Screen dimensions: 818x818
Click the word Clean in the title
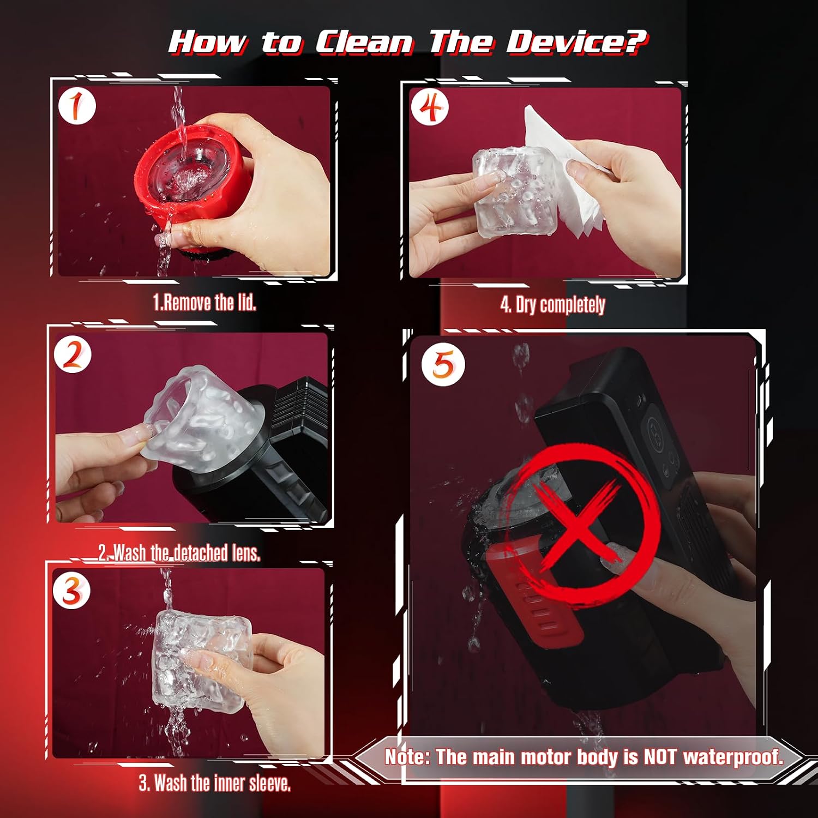364,42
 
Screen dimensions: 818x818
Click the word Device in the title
567,42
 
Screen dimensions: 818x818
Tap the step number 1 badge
77,106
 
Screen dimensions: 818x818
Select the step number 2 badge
73,356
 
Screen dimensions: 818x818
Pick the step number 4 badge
430,107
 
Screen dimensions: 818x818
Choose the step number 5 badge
443,364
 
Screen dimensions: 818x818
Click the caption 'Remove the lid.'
204,302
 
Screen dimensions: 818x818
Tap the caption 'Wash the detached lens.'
179,553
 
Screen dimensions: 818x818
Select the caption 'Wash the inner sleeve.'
215,784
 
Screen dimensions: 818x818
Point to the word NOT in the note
660,757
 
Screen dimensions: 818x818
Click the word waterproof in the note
732,757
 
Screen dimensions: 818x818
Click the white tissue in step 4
567,175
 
